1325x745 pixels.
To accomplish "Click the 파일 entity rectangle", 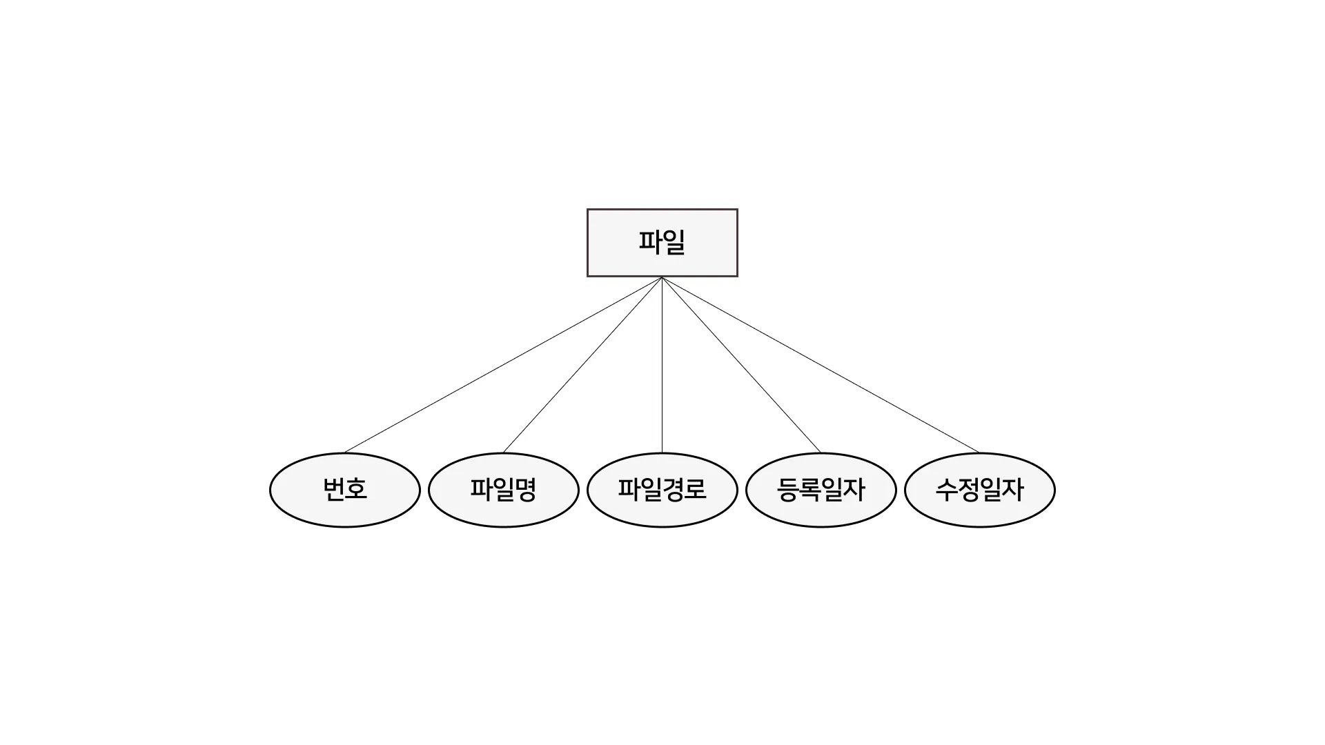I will (x=662, y=243).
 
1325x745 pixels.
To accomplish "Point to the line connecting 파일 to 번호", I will (x=503, y=365).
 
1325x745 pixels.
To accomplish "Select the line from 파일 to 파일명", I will (x=582, y=365).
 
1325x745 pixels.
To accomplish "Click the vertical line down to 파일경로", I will (x=662, y=365).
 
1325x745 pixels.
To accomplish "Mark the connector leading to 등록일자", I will (x=741, y=365).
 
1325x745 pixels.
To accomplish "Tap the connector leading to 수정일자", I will (x=821, y=365).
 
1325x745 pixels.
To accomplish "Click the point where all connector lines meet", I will (x=662, y=278).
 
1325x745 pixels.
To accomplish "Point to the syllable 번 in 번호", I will (x=333, y=489).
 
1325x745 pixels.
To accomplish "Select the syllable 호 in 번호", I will (x=356, y=489).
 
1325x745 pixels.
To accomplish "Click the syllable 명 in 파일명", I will (x=526, y=489).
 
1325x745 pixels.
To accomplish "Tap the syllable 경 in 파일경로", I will (x=673, y=489).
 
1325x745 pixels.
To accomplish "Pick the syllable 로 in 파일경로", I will (x=696, y=489).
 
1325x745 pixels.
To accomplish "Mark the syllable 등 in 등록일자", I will (x=787, y=489).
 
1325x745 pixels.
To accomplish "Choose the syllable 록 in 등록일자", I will (x=809, y=489).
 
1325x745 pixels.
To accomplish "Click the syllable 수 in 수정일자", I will (x=946, y=489).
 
